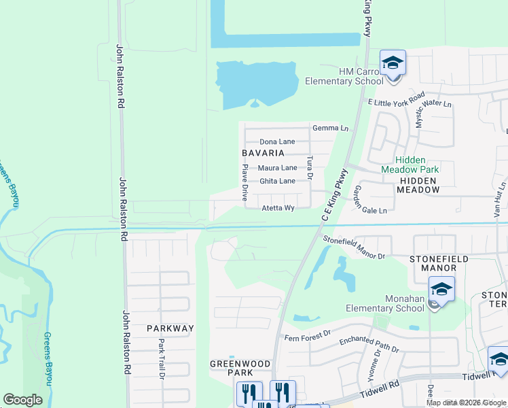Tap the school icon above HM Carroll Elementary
pos(393,63)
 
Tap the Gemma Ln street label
pos(330,128)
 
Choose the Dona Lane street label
pos(277,141)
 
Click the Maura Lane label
pos(277,167)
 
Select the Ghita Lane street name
pos(277,181)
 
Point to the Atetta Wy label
pos(278,208)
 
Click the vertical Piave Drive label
pos(245,181)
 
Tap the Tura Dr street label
pos(310,167)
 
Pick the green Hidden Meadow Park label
pos(410,164)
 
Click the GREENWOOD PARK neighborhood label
pos(231,368)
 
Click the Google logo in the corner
pos(22,400)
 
